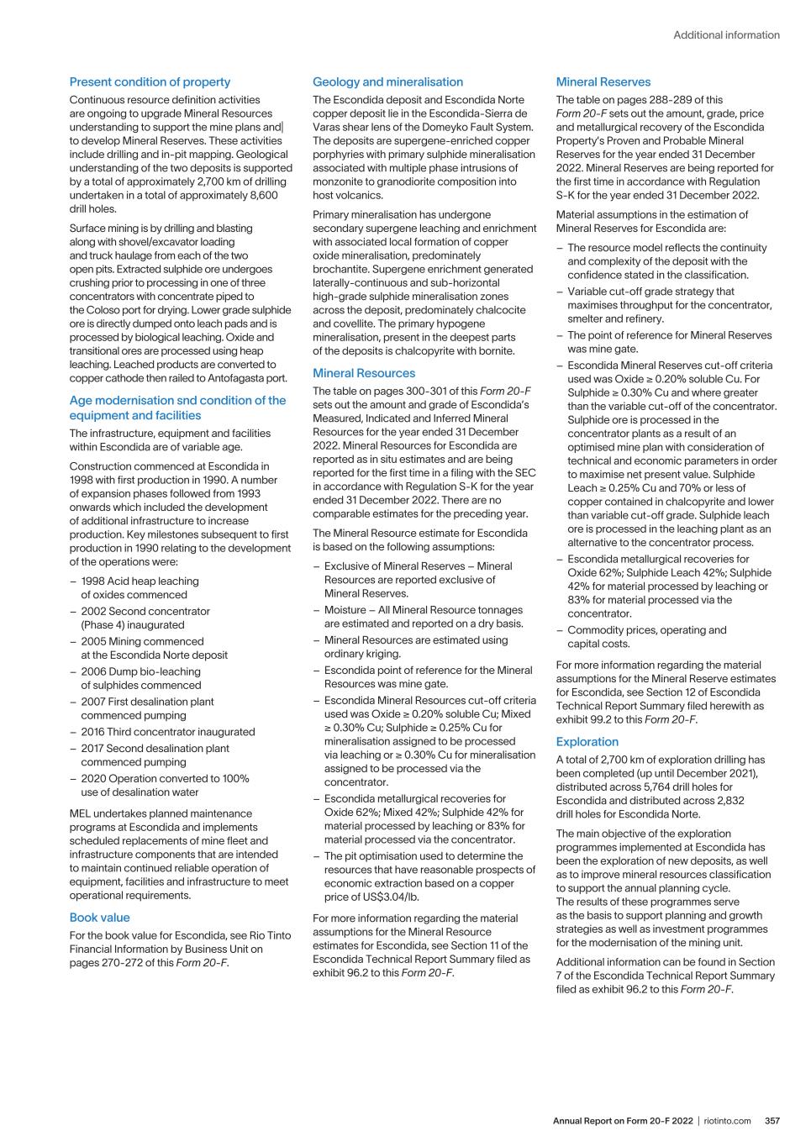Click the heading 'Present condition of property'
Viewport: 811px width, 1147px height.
[x=150, y=82]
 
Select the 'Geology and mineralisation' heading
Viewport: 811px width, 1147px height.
[x=387, y=82]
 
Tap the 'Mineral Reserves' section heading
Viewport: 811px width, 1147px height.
[x=603, y=82]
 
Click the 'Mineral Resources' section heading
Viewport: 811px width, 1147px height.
[x=364, y=373]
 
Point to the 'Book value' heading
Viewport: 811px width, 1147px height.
[x=99, y=918]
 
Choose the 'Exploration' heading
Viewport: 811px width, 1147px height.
[x=587, y=742]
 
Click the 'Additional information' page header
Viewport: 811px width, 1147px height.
[x=726, y=35]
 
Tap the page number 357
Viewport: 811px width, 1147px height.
[x=772, y=1121]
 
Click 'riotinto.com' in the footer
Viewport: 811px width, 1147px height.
[x=728, y=1121]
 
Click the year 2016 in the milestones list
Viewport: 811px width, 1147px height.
[x=95, y=732]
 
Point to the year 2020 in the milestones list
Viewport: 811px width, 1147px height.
[x=95, y=779]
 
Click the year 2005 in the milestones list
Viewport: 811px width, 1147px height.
[x=95, y=641]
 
